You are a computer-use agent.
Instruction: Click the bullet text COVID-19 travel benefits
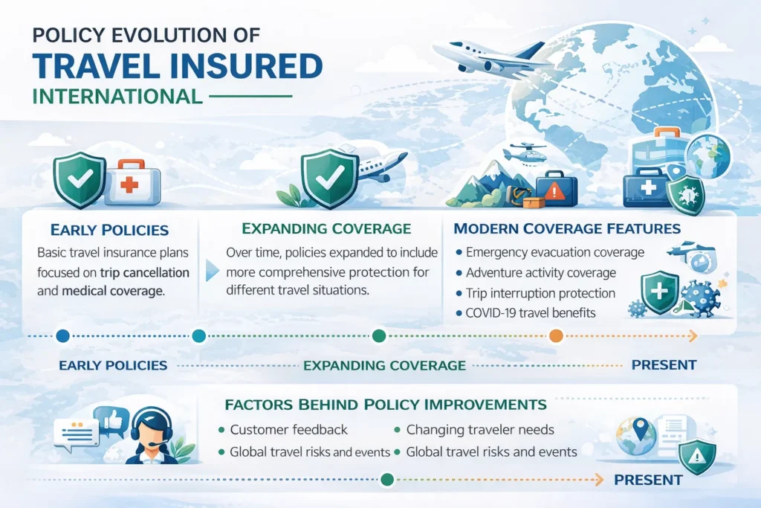point(531,313)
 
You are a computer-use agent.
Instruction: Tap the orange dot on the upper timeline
point(556,336)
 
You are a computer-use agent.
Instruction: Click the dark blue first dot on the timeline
point(62,336)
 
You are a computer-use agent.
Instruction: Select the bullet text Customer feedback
point(288,430)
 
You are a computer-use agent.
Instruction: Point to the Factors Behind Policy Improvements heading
point(385,405)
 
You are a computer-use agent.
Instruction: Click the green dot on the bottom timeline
point(386,480)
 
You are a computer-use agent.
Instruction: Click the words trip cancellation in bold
point(147,272)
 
